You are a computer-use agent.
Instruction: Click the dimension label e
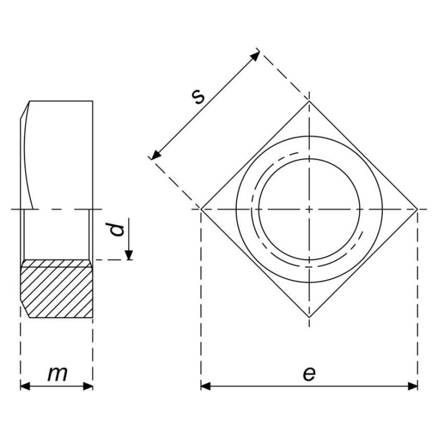309,374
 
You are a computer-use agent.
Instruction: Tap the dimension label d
117,230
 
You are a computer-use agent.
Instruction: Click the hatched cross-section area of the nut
57,289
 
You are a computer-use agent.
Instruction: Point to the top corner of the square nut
309,101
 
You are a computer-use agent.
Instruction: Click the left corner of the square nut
201,209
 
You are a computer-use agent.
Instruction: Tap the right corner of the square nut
417,209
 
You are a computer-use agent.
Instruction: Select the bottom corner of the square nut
309,317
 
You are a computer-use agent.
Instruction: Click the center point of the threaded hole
309,209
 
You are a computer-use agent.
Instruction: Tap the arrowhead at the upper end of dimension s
256,55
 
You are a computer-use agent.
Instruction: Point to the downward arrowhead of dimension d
129,255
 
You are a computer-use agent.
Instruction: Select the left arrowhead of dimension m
25,386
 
